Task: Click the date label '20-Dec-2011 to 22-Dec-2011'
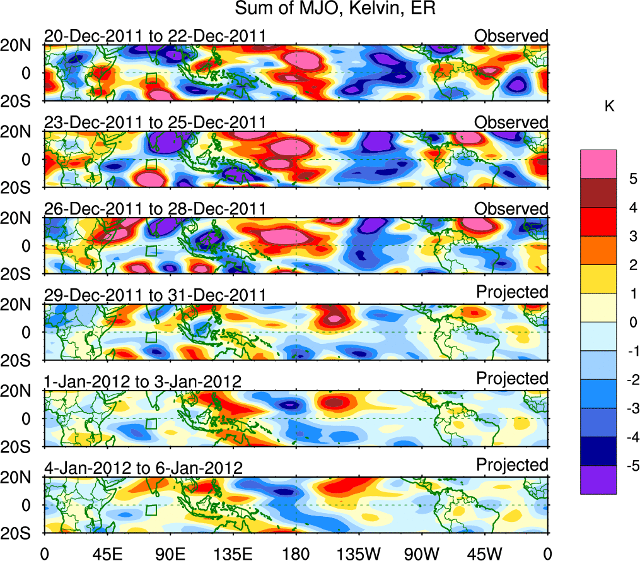tap(154, 37)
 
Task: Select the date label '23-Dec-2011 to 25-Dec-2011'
tap(154, 122)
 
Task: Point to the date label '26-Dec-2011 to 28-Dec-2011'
tap(154, 209)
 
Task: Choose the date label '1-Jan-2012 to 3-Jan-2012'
tap(143, 382)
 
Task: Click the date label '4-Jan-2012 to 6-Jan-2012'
tap(143, 468)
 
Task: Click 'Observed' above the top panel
tap(511, 36)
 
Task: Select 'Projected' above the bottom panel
tap(511, 465)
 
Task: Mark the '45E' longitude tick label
tap(107, 553)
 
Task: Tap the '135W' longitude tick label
tap(359, 553)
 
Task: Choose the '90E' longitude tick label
tap(170, 553)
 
